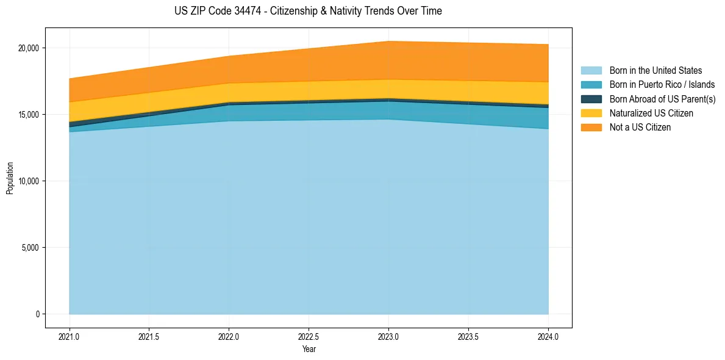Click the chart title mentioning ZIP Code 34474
(x=308, y=11)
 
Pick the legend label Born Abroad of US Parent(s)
(x=662, y=99)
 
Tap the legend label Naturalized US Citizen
(x=651, y=113)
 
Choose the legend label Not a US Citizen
(x=640, y=128)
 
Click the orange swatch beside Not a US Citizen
(x=591, y=128)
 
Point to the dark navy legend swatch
(x=591, y=99)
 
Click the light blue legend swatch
(x=591, y=71)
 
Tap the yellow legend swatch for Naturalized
(x=591, y=113)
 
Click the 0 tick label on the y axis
(x=37, y=314)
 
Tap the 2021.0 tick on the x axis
(x=70, y=336)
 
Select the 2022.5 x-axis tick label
(x=309, y=336)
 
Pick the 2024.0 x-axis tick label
(x=548, y=336)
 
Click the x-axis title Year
(x=309, y=349)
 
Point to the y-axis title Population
(x=10, y=178)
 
